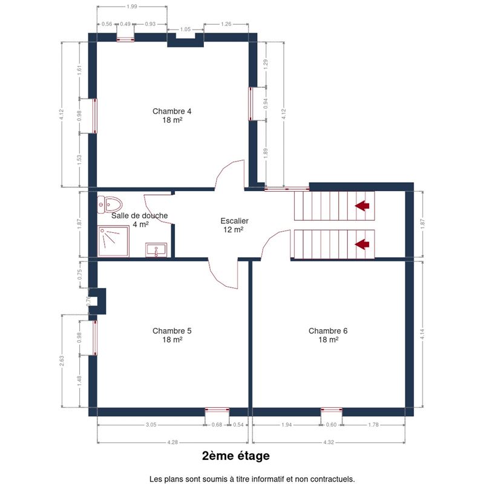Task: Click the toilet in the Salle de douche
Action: click(x=110, y=204)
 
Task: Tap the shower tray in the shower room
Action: click(x=113, y=241)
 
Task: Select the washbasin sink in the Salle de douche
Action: click(x=156, y=250)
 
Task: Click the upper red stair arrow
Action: click(x=362, y=205)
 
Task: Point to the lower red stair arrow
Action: click(x=362, y=244)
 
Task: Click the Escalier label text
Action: click(x=235, y=221)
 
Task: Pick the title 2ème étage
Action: click(x=236, y=456)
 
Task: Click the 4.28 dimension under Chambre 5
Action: click(x=172, y=442)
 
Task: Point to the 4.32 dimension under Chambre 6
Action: click(x=329, y=442)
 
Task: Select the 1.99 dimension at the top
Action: click(x=132, y=7)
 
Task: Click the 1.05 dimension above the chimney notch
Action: click(x=185, y=29)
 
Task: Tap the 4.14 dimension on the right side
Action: click(x=422, y=335)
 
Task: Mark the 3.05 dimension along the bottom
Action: click(x=151, y=425)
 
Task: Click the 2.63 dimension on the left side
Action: click(x=62, y=361)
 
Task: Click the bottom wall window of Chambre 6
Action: click(x=332, y=410)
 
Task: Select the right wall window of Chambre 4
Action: click(x=250, y=103)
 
